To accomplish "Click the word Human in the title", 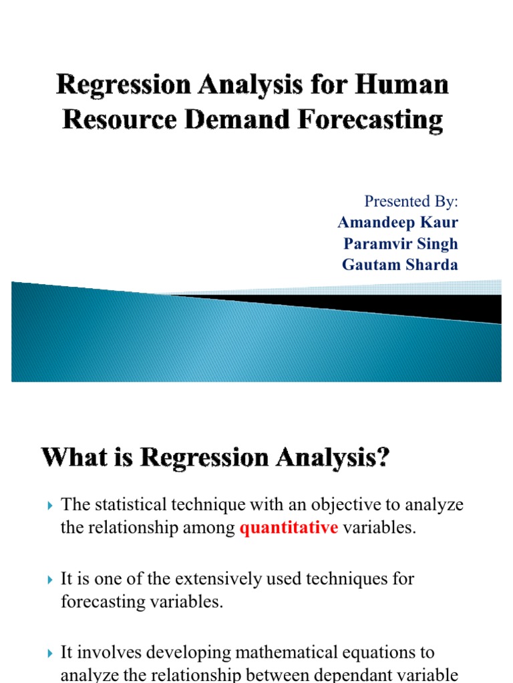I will [x=405, y=85].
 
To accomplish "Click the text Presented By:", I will [x=411, y=201].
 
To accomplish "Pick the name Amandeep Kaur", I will [x=398, y=222].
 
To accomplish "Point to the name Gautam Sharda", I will [x=400, y=265].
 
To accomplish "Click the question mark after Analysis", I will [x=383, y=459].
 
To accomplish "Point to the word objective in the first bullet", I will [x=327, y=505].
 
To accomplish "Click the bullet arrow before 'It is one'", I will [x=51, y=580].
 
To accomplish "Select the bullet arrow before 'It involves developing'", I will [x=51, y=653].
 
